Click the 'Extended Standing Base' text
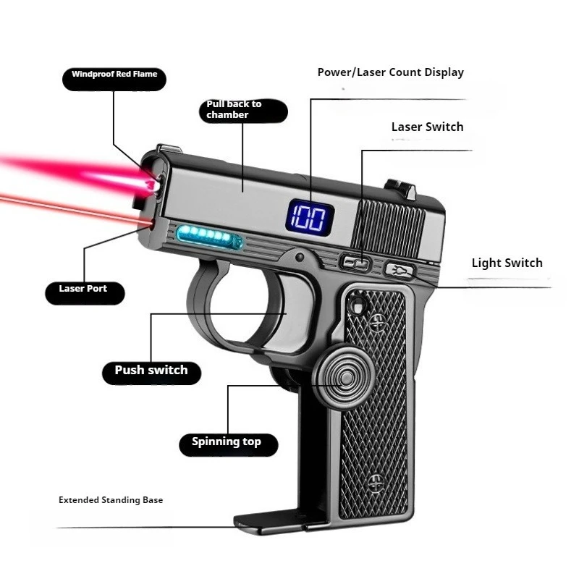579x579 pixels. coord(111,500)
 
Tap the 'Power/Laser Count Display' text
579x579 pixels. coord(391,73)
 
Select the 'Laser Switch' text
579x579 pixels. coord(427,127)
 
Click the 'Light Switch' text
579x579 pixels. coord(507,263)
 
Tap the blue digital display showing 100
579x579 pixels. coord(310,219)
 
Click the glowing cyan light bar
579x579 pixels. coord(209,235)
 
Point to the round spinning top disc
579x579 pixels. coord(345,377)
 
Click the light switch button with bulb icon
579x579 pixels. coord(399,270)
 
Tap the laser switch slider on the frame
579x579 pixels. coord(355,263)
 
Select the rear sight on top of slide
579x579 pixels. coord(401,189)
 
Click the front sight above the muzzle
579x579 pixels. coord(169,148)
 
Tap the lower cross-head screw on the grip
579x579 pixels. coord(376,483)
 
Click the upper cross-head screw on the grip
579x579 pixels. coord(378,323)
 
